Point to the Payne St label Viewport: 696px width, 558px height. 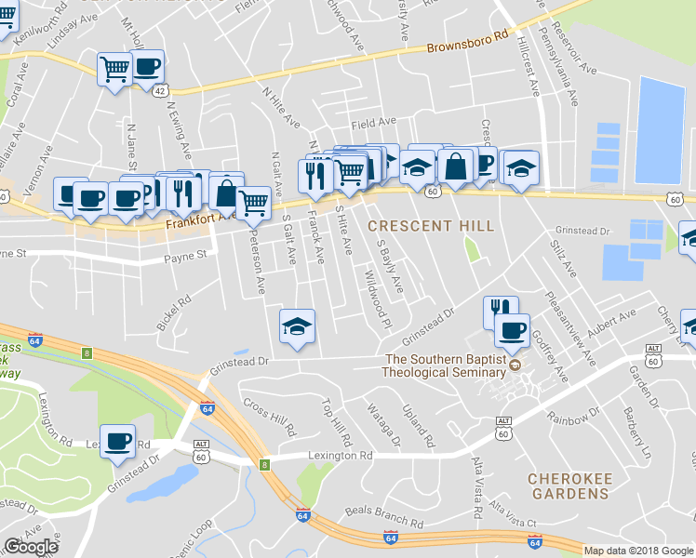pos(183,259)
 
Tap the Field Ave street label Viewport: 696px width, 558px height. pos(373,123)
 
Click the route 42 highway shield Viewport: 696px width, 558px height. pos(160,91)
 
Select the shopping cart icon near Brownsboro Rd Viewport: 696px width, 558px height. pos(114,68)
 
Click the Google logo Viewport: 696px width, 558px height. pos(31,547)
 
